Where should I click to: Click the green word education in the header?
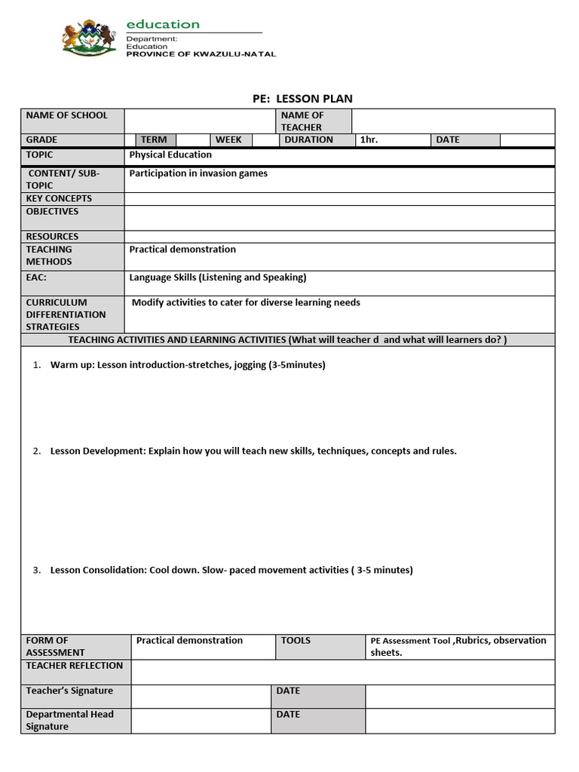163,24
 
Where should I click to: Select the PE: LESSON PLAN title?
302,99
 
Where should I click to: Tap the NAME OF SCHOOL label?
67,115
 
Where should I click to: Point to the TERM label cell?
154,139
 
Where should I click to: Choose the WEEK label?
228,139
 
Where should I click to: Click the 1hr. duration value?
369,139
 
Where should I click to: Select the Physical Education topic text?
170,155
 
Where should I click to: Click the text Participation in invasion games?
198,173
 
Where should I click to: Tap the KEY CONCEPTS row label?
59,198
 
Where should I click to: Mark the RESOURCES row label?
52,236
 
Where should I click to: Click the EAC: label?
36,277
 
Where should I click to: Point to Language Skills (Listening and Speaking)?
218,277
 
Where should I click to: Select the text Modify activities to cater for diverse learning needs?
246,302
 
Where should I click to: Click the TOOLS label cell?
296,640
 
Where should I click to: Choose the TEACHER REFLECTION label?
74,666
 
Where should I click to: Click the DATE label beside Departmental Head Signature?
288,714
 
